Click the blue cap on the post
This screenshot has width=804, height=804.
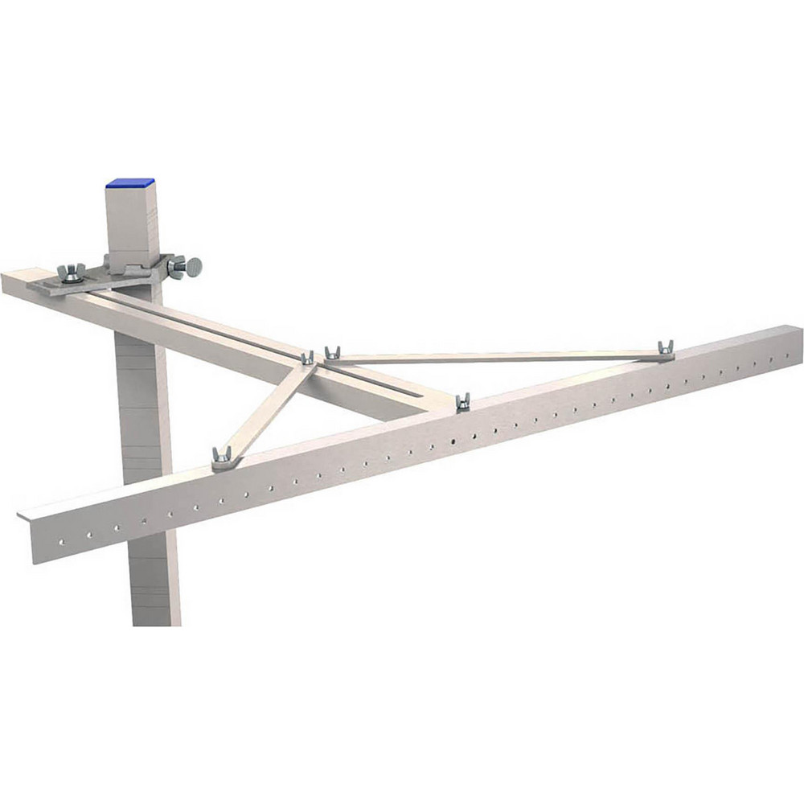click(129, 183)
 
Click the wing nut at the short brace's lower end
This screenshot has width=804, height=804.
click(222, 457)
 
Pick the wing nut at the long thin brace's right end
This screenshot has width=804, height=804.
click(665, 349)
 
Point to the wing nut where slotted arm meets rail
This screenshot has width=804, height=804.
click(462, 402)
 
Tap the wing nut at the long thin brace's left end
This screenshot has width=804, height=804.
click(332, 353)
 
